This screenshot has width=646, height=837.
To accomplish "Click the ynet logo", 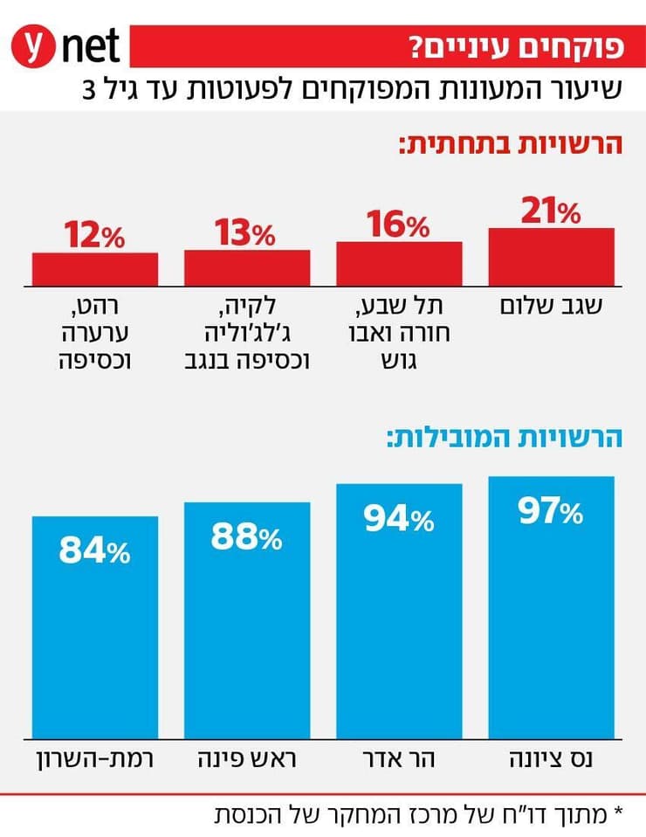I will point(65,45).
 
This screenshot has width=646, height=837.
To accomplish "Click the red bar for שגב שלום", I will point(551,257).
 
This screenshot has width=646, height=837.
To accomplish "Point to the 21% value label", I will point(551,211).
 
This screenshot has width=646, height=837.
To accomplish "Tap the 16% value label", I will point(399,225).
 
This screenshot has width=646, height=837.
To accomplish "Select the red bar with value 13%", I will point(247,266).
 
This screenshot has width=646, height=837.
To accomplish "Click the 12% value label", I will point(95,236).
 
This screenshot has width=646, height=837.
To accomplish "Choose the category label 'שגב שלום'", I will point(551,307).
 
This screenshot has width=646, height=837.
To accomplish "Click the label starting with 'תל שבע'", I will point(399,332).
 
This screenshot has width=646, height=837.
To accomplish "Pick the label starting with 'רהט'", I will point(95,332).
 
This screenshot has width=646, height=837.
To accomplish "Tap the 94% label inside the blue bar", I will point(399,520).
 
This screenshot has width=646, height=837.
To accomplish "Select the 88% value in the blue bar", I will point(247,537).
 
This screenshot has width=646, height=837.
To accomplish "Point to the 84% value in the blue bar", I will point(95,550).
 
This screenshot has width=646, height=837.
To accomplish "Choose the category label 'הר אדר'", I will point(399,757).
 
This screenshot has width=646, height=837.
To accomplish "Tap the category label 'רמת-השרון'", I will point(95,757).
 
